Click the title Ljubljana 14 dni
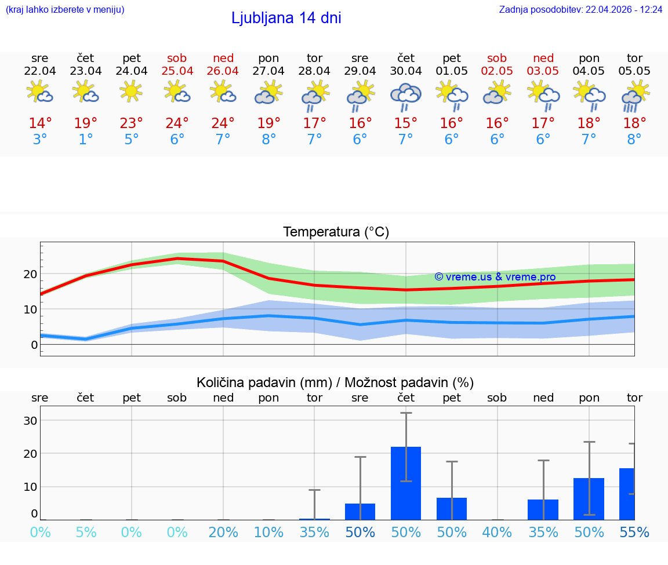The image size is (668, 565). (x=286, y=18)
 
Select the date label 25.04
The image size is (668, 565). (x=177, y=71)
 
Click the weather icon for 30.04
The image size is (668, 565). (x=405, y=96)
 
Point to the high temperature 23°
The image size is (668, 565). (x=132, y=123)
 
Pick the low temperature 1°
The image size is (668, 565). (x=86, y=140)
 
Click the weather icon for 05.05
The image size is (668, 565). (x=634, y=96)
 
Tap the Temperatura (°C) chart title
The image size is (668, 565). (x=336, y=232)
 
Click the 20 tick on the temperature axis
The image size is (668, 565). (x=30, y=274)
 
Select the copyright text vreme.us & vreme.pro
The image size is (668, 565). (x=495, y=277)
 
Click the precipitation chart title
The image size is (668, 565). (x=335, y=382)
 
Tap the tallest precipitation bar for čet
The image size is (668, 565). (x=405, y=483)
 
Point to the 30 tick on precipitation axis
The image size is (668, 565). (x=30, y=421)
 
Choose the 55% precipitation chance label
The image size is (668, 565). (x=634, y=533)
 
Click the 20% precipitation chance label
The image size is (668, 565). (x=223, y=533)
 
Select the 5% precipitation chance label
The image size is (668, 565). (x=86, y=533)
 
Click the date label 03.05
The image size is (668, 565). (x=543, y=71)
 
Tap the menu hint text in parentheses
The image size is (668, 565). (x=64, y=10)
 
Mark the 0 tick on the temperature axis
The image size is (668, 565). (x=34, y=345)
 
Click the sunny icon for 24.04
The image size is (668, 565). (x=132, y=91)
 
